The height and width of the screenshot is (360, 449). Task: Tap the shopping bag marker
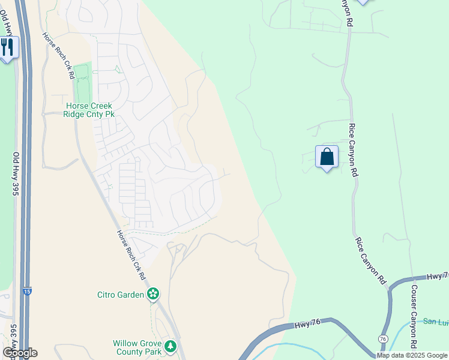327,157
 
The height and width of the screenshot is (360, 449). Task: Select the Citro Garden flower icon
154,294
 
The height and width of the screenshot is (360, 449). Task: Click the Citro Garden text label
120,295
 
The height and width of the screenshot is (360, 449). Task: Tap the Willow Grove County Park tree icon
170,346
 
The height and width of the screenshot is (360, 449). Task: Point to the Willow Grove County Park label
137,347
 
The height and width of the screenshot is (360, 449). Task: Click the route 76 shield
382,340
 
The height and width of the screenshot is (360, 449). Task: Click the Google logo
19,353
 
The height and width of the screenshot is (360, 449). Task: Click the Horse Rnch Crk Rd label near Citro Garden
130,255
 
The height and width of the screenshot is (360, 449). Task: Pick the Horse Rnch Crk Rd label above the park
58,55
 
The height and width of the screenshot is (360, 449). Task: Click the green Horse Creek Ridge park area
81,84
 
